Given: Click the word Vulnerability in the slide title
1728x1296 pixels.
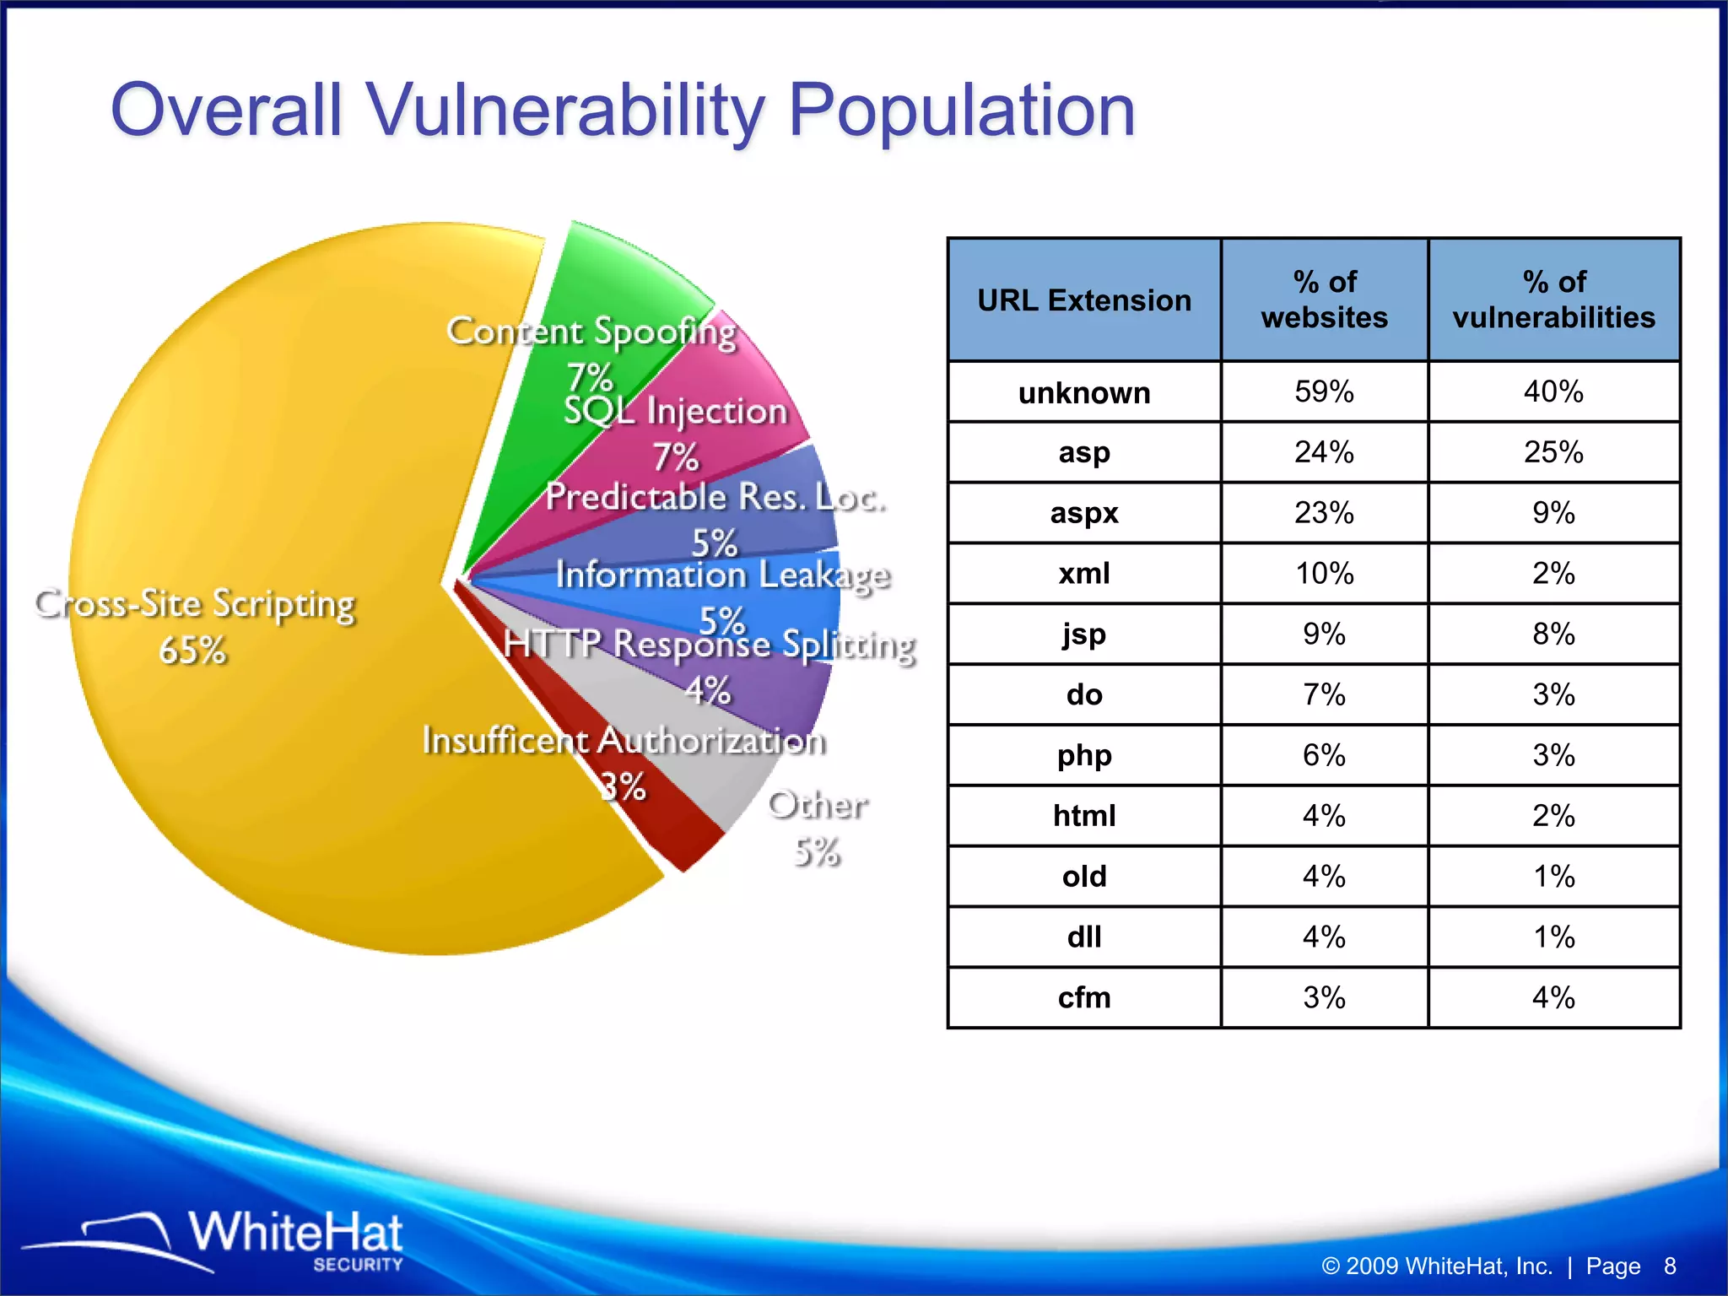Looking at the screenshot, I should tap(565, 111).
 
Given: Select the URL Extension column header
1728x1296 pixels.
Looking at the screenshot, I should tap(1084, 300).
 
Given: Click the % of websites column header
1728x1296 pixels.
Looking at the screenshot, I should tap(1324, 300).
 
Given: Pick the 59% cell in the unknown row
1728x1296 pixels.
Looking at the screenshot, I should tap(1324, 392).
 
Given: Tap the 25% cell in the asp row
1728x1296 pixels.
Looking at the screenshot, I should tap(1553, 452).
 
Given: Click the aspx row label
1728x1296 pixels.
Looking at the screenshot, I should tap(1084, 513).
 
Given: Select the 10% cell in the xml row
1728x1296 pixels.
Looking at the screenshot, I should tap(1324, 574).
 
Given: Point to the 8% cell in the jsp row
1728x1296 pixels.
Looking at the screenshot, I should tap(1553, 634).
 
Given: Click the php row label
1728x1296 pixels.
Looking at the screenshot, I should tap(1084, 755).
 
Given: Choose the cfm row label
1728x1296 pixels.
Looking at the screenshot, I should tap(1084, 998).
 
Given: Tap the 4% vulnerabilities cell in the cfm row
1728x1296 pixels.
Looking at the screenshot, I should tap(1553, 998).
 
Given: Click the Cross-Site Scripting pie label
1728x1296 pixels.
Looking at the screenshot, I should tap(195, 605).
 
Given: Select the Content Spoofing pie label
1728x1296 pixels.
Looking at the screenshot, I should tap(591, 332).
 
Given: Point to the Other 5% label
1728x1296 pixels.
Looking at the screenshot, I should tap(817, 827).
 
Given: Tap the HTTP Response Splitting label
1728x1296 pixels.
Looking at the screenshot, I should tap(709, 645).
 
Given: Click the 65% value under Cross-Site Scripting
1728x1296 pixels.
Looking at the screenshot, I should tap(193, 651).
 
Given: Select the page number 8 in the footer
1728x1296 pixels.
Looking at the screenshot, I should tap(1670, 1266).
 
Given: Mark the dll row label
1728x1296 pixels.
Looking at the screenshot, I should tap(1084, 937).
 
